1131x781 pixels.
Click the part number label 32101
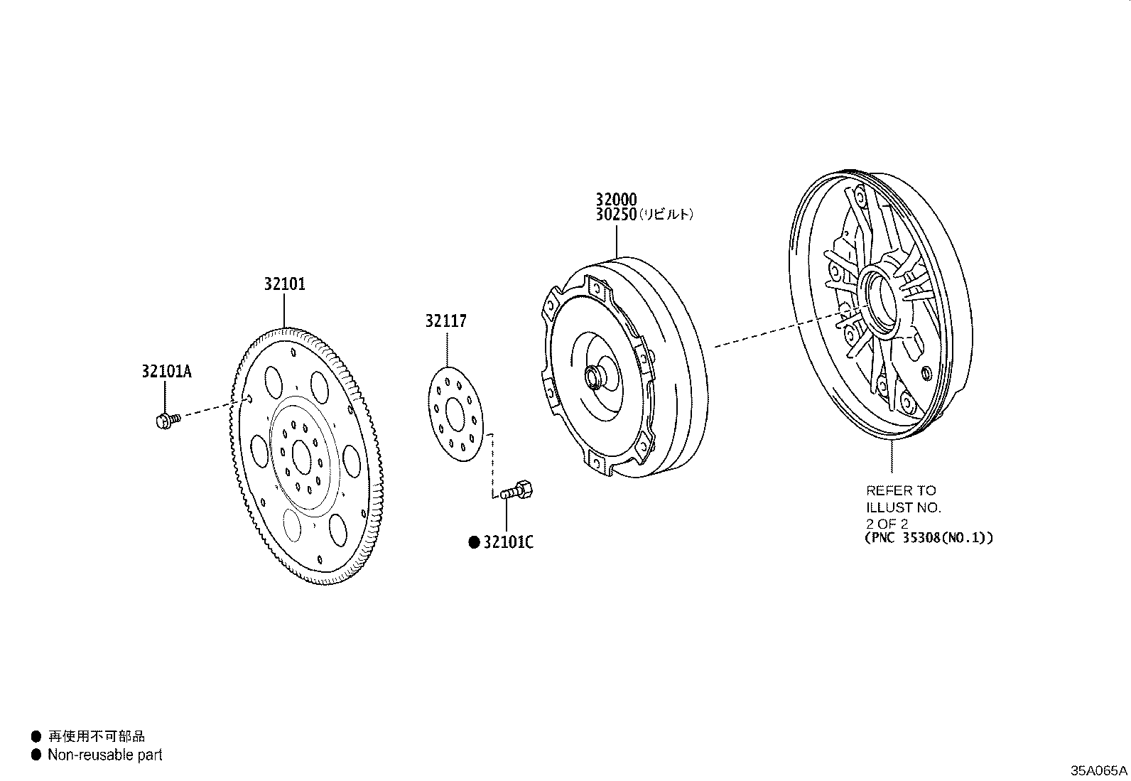pos(285,284)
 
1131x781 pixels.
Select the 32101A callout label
pos(167,371)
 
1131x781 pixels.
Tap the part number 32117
pos(446,321)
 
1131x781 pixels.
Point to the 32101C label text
pos(509,542)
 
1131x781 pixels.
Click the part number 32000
pos(616,199)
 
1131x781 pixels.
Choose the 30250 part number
pos(616,215)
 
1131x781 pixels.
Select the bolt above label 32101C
pos(516,490)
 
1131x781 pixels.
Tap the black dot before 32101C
pos(474,542)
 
